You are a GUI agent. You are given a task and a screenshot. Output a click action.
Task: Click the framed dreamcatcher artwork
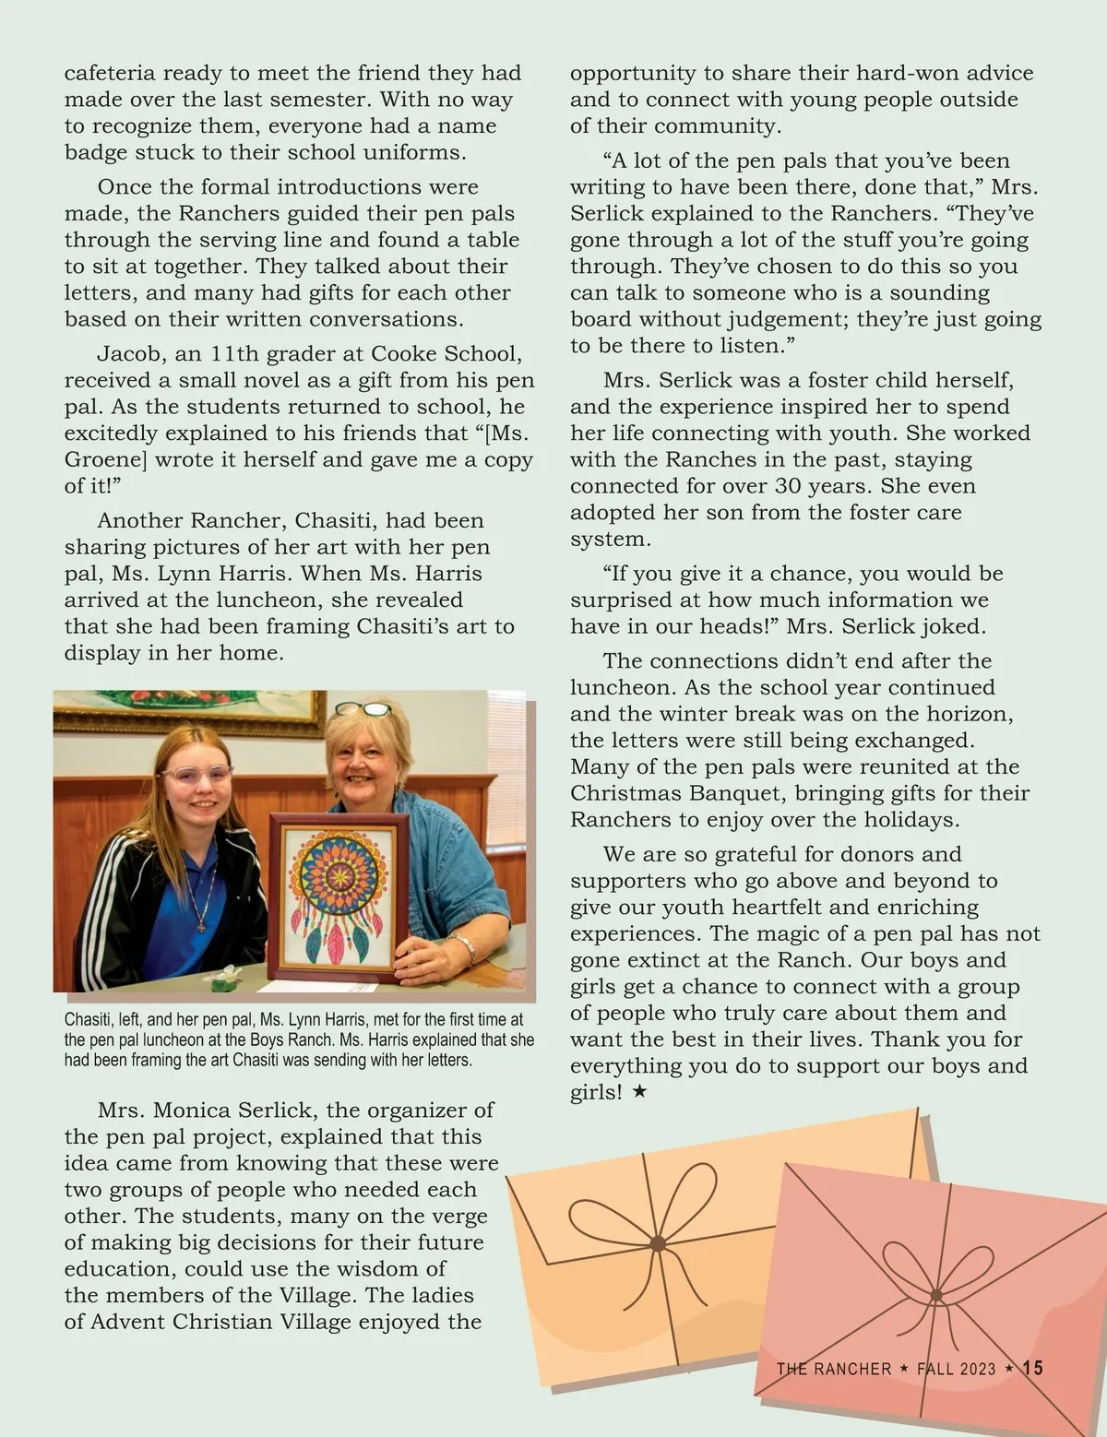(x=339, y=897)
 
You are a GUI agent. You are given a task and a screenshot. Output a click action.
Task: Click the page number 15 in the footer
(x=1032, y=1368)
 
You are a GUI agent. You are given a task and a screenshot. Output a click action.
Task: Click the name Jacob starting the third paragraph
(x=126, y=354)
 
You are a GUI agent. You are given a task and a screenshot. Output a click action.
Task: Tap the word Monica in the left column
(x=191, y=1110)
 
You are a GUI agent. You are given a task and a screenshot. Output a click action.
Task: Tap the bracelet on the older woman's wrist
(x=462, y=944)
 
